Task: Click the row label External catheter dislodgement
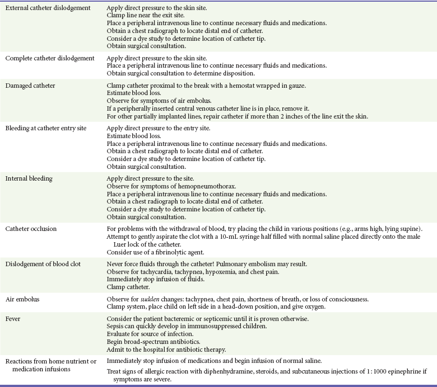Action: [x=48, y=8]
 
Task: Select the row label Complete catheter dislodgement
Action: [x=49, y=58]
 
